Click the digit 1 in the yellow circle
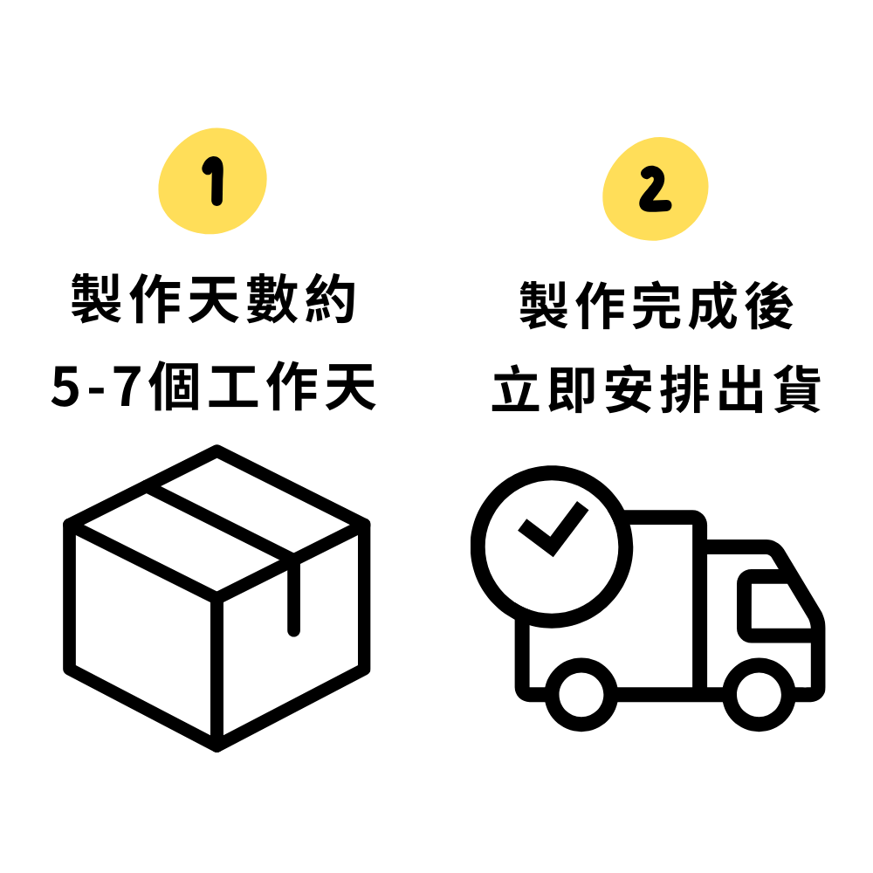pyautogui.click(x=213, y=181)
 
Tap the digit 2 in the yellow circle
pyautogui.click(x=655, y=189)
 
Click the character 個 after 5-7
pyautogui.click(x=174, y=386)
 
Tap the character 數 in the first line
pyautogui.click(x=272, y=299)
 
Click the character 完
pyautogui.click(x=656, y=306)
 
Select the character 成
pyautogui.click(x=713, y=306)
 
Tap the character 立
pyautogui.click(x=516, y=388)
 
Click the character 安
pyautogui.click(x=628, y=388)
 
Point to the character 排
pyautogui.click(x=684, y=388)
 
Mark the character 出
pyautogui.click(x=740, y=388)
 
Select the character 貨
pyautogui.click(x=797, y=388)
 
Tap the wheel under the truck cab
pyautogui.click(x=759, y=694)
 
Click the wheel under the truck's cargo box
pyautogui.click(x=581, y=694)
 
